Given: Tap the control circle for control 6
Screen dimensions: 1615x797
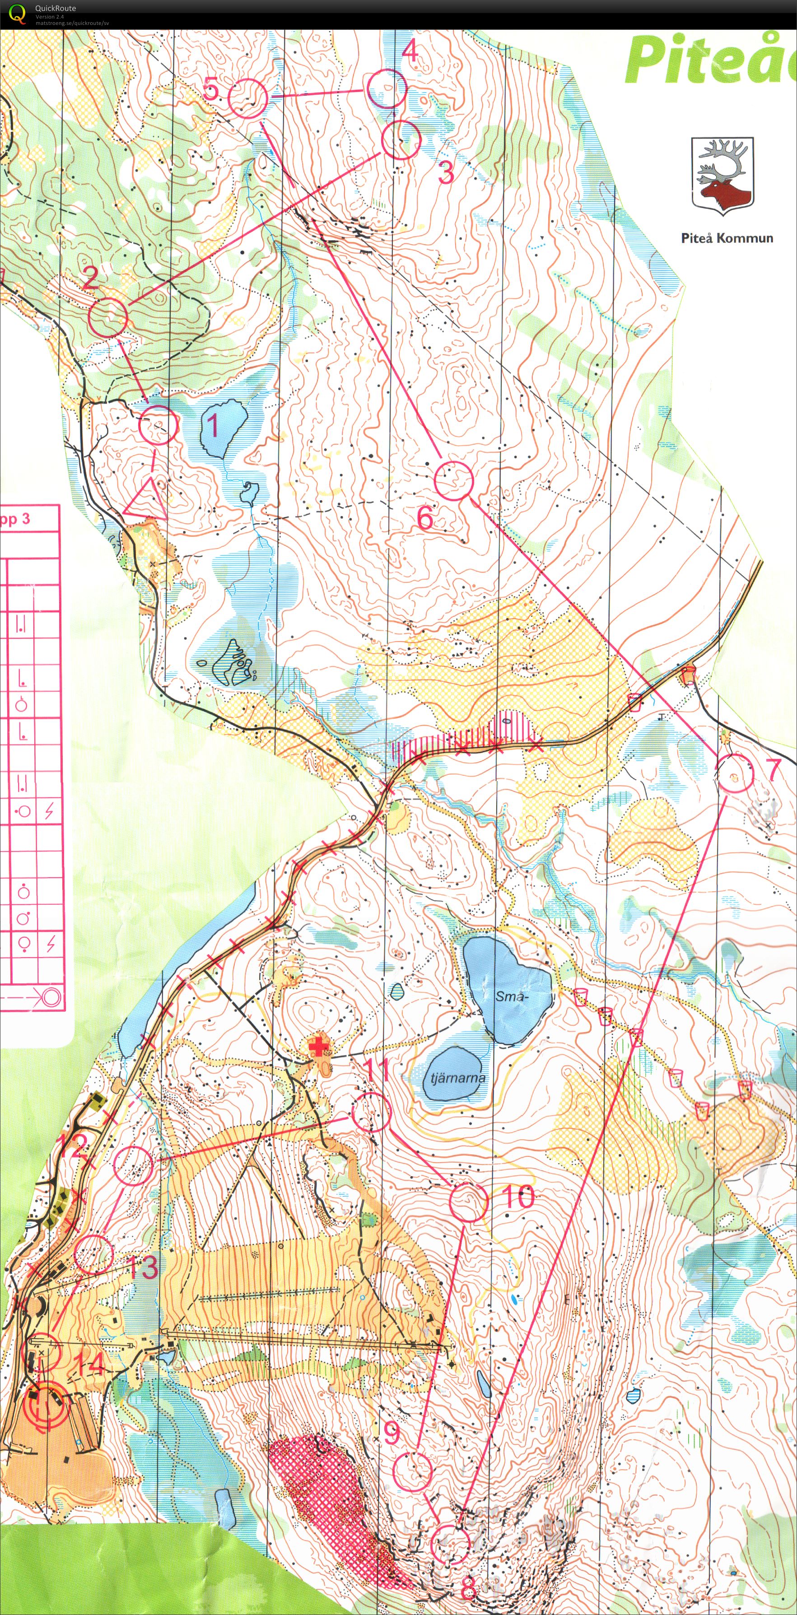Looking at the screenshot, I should point(453,480).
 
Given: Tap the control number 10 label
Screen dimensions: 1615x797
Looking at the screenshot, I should point(518,1196).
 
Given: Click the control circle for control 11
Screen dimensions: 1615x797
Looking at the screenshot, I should point(371,1112).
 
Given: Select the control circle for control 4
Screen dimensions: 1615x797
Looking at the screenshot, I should point(386,89).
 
